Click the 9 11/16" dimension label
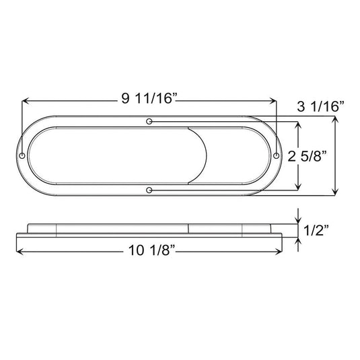click(149, 100)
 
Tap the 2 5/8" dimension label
click(308, 157)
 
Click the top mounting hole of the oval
click(149, 122)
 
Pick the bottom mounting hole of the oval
click(149, 190)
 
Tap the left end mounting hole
click(23, 156)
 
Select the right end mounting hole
click(276, 156)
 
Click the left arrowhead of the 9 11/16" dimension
click(26, 100)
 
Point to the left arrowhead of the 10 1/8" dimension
click(18, 252)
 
